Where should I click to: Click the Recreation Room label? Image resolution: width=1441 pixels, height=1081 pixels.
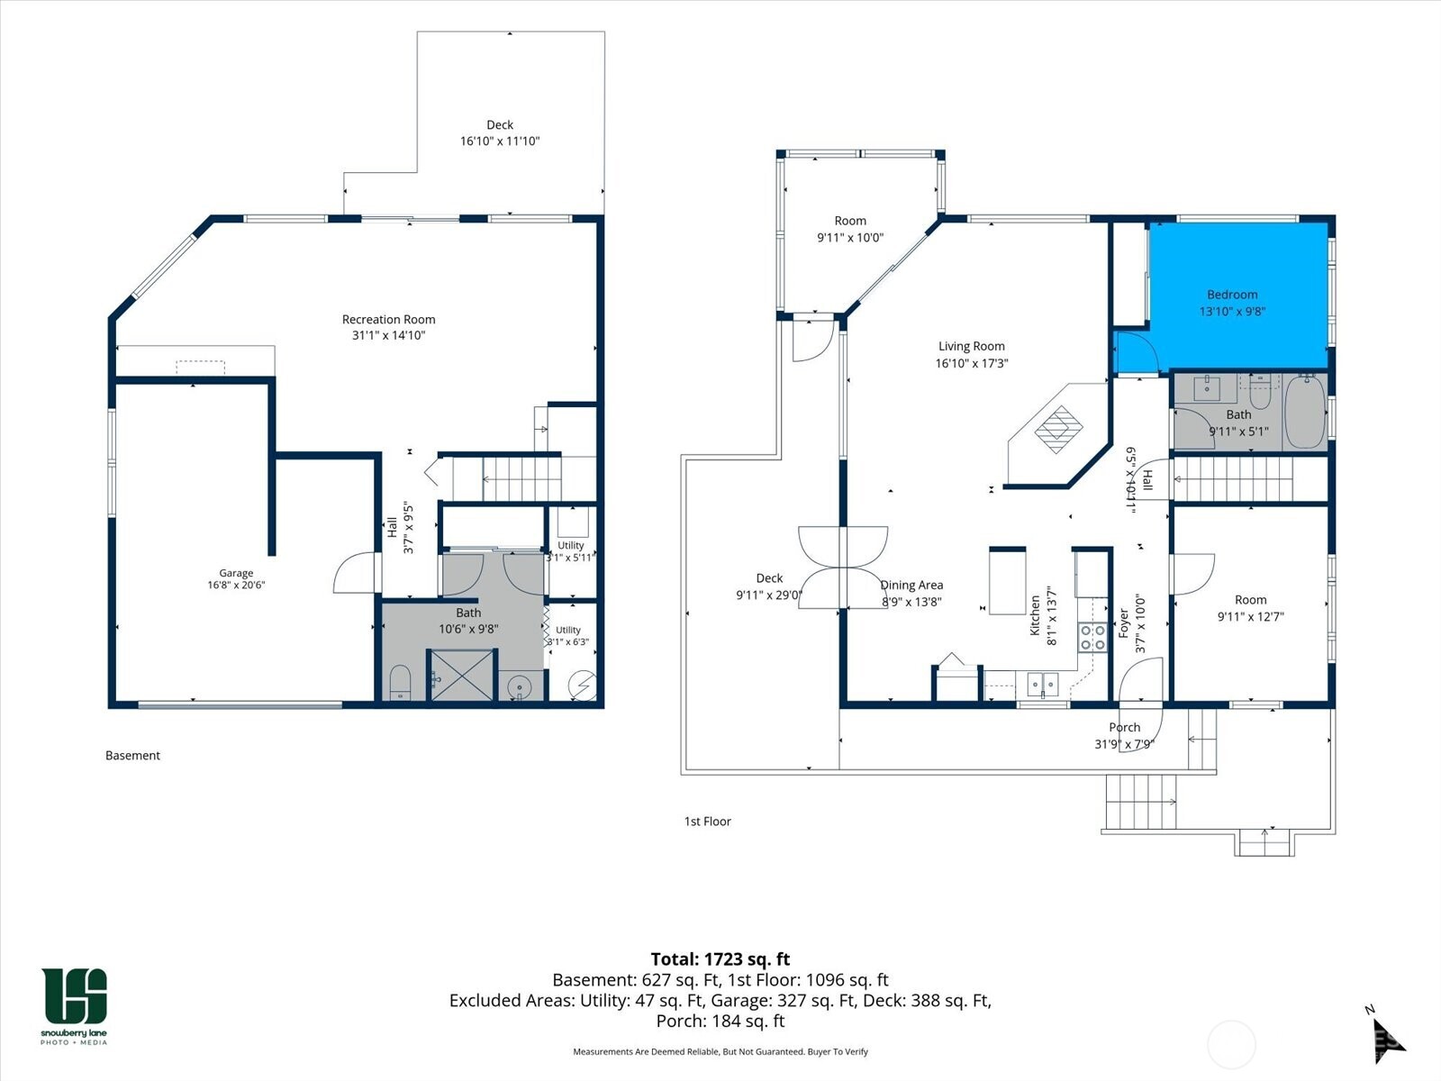[x=389, y=320]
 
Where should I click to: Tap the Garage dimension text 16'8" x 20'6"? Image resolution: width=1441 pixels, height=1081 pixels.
[x=236, y=585]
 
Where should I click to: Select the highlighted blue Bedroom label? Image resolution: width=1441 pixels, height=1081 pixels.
[x=1232, y=295]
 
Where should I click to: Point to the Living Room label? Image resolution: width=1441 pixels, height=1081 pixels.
[x=972, y=347]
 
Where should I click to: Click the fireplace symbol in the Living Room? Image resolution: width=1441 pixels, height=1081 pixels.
[x=1058, y=430]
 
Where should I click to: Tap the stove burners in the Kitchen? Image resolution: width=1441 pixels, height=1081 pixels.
[x=1092, y=637]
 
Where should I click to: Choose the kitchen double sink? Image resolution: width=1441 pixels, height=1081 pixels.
[x=1043, y=685]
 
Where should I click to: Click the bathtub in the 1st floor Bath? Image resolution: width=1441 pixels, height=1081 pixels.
[x=1305, y=412]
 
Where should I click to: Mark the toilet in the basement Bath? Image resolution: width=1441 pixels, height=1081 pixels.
[x=400, y=683]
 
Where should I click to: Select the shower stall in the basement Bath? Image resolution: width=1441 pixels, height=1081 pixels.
[x=462, y=676]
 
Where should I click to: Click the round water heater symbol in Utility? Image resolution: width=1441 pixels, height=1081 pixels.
[x=583, y=685]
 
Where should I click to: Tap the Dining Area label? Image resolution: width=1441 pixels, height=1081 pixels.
[x=911, y=585]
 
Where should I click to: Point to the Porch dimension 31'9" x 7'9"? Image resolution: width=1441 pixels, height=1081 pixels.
[x=1124, y=744]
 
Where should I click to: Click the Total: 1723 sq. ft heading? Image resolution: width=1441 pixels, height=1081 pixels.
[x=720, y=958]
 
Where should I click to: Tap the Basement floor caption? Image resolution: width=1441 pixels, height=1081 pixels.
[x=132, y=756]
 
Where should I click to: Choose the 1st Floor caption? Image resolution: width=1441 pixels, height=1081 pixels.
[x=708, y=821]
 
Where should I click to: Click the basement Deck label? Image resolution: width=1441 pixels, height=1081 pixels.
[x=500, y=124]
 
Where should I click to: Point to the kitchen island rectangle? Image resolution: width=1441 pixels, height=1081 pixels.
[x=1007, y=581]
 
